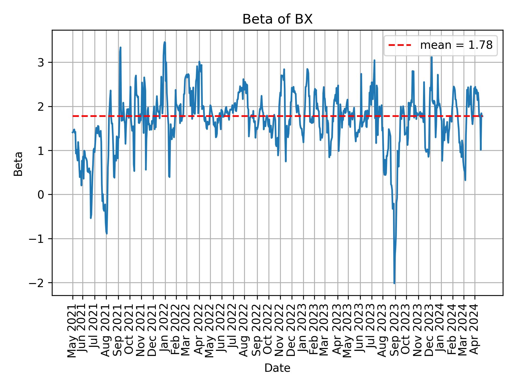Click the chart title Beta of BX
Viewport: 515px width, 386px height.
[x=277, y=20]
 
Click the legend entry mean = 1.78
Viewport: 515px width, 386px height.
[x=456, y=45]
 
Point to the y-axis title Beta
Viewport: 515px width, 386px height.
[x=18, y=164]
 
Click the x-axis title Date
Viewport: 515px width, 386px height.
[x=277, y=368]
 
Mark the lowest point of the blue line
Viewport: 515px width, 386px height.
[x=394, y=283]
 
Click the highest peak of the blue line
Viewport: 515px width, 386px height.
[x=165, y=42]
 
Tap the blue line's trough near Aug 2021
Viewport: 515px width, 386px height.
[x=107, y=233]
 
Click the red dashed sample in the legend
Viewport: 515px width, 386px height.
[x=400, y=45]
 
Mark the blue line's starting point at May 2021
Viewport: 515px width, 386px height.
[x=72, y=132]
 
